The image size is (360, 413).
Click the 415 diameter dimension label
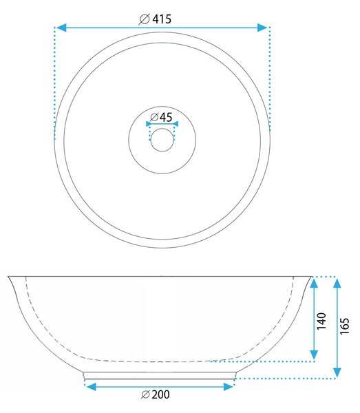[162, 19]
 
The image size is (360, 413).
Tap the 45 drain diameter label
[166, 117]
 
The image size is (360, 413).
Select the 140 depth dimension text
[321, 321]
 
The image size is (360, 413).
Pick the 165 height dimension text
[344, 326]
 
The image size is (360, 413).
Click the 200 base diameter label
[160, 394]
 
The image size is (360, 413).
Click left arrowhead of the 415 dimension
[62, 28]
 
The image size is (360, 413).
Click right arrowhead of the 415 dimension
[262, 28]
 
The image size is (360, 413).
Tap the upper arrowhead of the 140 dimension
[314, 283]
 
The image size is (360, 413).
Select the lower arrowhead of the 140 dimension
[314, 355]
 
